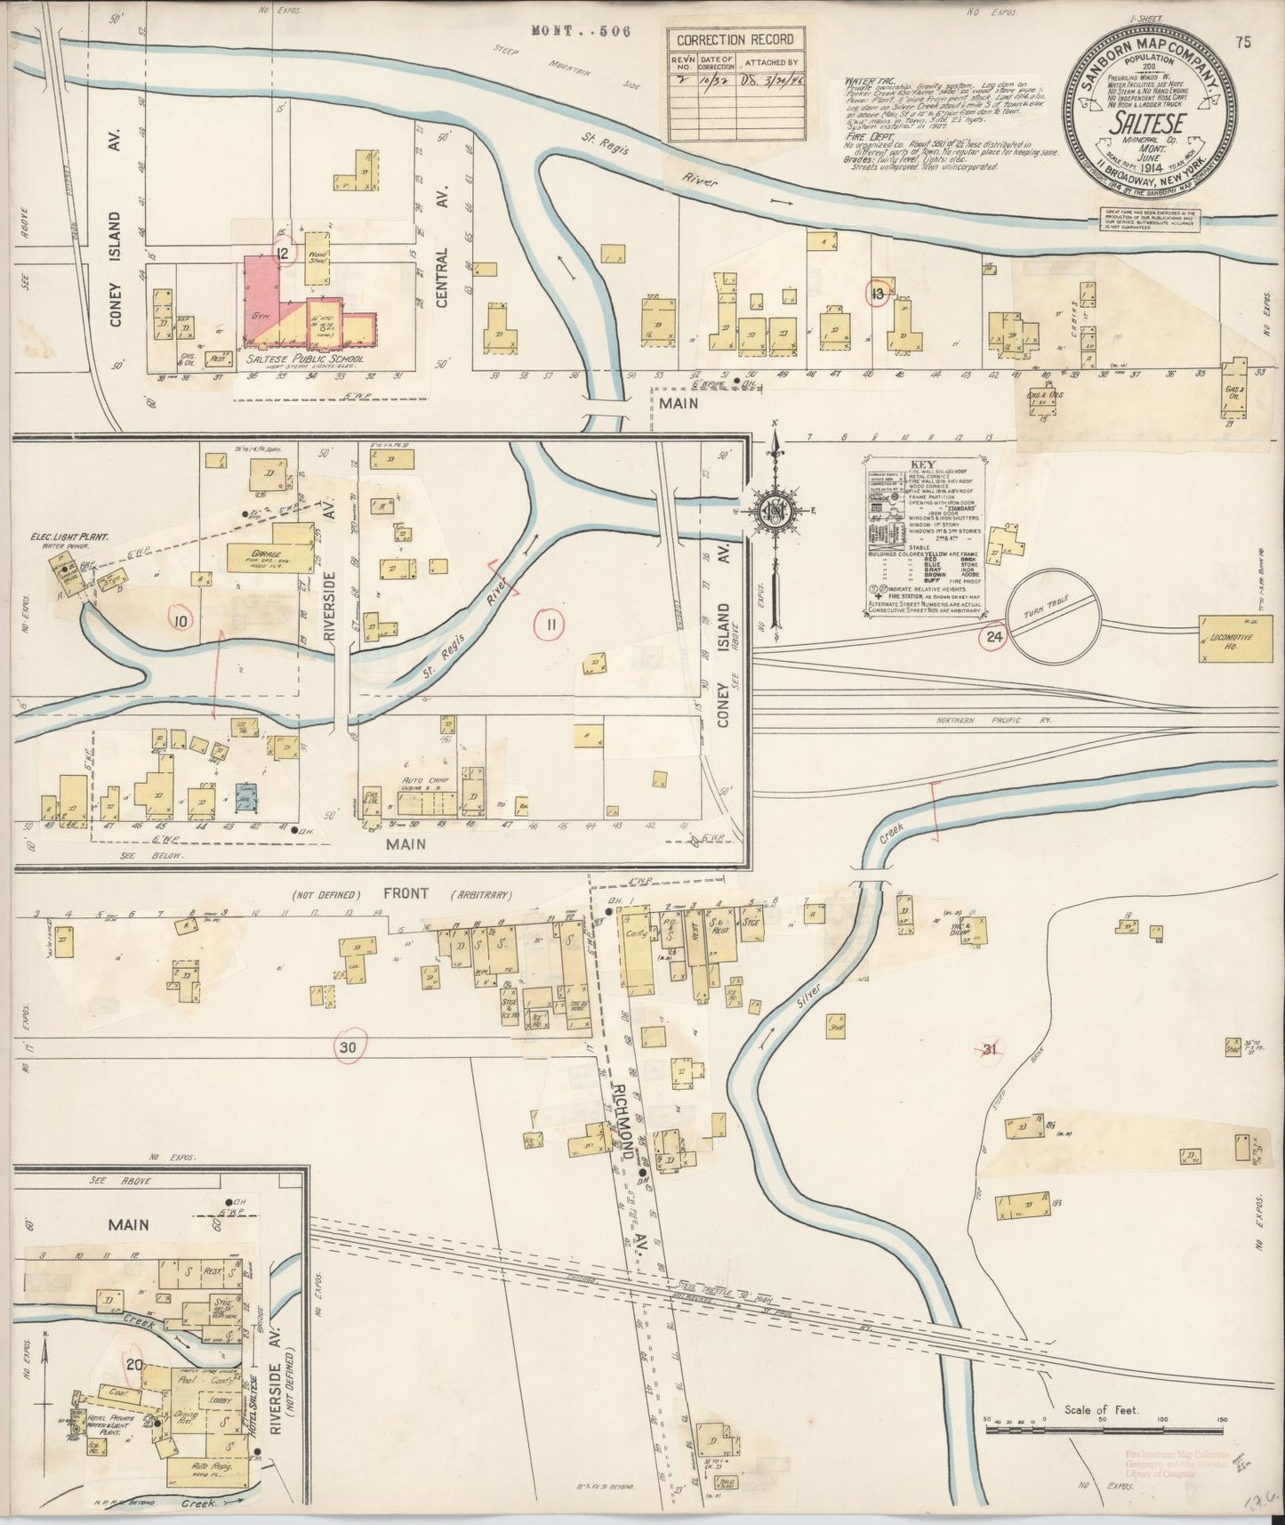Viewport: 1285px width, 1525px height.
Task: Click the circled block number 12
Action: [284, 255]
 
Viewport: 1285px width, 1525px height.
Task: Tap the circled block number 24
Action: [993, 635]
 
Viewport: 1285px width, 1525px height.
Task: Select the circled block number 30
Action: [347, 1048]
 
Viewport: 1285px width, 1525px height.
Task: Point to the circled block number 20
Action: [135, 1365]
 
